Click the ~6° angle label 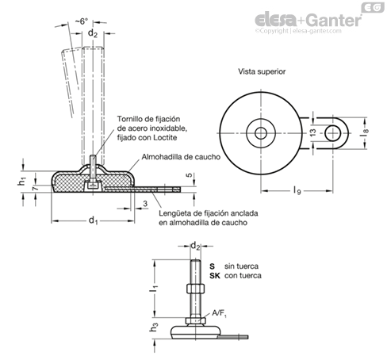point(81,21)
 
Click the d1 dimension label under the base point(93,220)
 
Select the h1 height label point(22,182)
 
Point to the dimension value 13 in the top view point(312,132)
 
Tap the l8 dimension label point(365,132)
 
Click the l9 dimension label point(297,190)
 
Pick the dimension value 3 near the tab point(145,204)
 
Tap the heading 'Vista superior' point(262,71)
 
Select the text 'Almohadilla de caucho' point(181,157)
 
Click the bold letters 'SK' point(215,276)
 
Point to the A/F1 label point(220,313)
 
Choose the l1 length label point(154,289)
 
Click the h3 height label point(154,328)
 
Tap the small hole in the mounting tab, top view point(332,133)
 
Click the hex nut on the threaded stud point(195,288)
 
